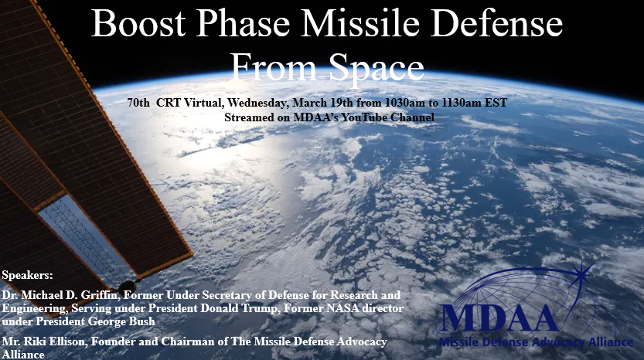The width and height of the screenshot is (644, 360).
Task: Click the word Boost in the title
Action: point(138,23)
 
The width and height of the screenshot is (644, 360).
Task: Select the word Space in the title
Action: point(377,67)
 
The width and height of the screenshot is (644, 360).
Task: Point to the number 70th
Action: point(138,103)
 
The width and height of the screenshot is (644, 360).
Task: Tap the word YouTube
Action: point(364,117)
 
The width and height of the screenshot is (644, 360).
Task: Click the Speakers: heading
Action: point(27,275)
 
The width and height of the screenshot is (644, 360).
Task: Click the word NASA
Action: point(340,308)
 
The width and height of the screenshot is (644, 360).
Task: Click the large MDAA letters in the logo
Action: point(499,318)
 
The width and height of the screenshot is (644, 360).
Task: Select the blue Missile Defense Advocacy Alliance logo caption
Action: point(536,342)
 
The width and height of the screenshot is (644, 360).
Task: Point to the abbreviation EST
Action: point(496,103)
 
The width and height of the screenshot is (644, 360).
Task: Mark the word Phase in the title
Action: point(243,23)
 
